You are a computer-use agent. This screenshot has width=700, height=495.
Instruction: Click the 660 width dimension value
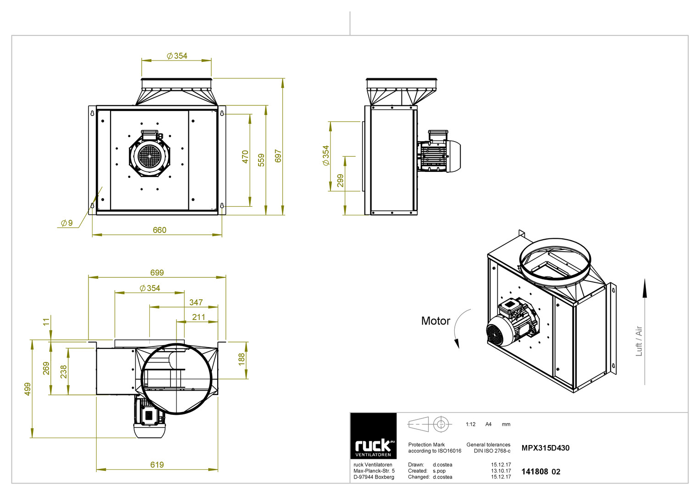coord(160,230)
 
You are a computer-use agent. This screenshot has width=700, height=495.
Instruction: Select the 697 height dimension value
coord(278,156)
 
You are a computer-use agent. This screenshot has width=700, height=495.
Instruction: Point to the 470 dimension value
coord(245,157)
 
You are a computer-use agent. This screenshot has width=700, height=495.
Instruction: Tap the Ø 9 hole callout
coord(67,223)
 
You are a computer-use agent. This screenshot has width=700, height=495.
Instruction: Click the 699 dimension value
coord(157,273)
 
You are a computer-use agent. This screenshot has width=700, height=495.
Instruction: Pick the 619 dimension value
coord(157,465)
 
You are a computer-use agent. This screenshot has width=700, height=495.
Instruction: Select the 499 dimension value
coord(28,389)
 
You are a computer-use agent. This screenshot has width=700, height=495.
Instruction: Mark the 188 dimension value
coord(242,359)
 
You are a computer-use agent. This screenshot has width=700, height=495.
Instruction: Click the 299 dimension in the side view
coord(340,181)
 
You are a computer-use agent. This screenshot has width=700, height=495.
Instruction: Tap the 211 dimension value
coord(198,317)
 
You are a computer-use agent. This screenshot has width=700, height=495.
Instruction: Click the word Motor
coord(435,321)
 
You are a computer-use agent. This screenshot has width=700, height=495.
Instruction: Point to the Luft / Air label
coord(639,341)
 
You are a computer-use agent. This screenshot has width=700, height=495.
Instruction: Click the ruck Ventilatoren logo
coord(374,436)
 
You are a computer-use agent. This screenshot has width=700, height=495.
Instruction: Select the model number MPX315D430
coord(546,448)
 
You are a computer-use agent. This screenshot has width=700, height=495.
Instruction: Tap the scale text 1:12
coord(470,424)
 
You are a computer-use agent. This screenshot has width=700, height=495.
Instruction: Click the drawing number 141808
coord(535,472)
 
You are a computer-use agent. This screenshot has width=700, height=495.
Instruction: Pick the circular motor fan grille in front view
coord(149,156)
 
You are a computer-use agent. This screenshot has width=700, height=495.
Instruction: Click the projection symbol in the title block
coord(430,424)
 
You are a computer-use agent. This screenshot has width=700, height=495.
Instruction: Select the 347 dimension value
coord(196,302)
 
